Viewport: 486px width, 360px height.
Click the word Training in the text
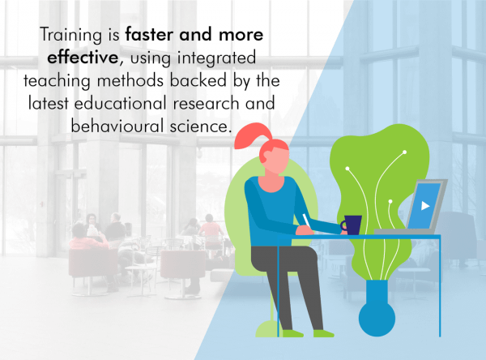[70, 35]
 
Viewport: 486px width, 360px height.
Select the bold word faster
[150, 34]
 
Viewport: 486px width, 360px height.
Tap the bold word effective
[83, 57]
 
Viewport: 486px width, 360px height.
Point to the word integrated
[216, 58]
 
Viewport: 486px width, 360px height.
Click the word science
[201, 126]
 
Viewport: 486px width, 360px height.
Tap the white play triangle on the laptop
[425, 205]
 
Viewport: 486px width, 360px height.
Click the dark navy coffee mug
[352, 225]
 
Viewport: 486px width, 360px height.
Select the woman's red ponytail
[253, 136]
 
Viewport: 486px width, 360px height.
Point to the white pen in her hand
[306, 221]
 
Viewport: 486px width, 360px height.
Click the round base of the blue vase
[377, 319]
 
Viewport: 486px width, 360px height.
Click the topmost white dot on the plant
[404, 152]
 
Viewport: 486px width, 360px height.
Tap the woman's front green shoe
[324, 333]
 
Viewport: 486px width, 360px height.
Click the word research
[206, 103]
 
